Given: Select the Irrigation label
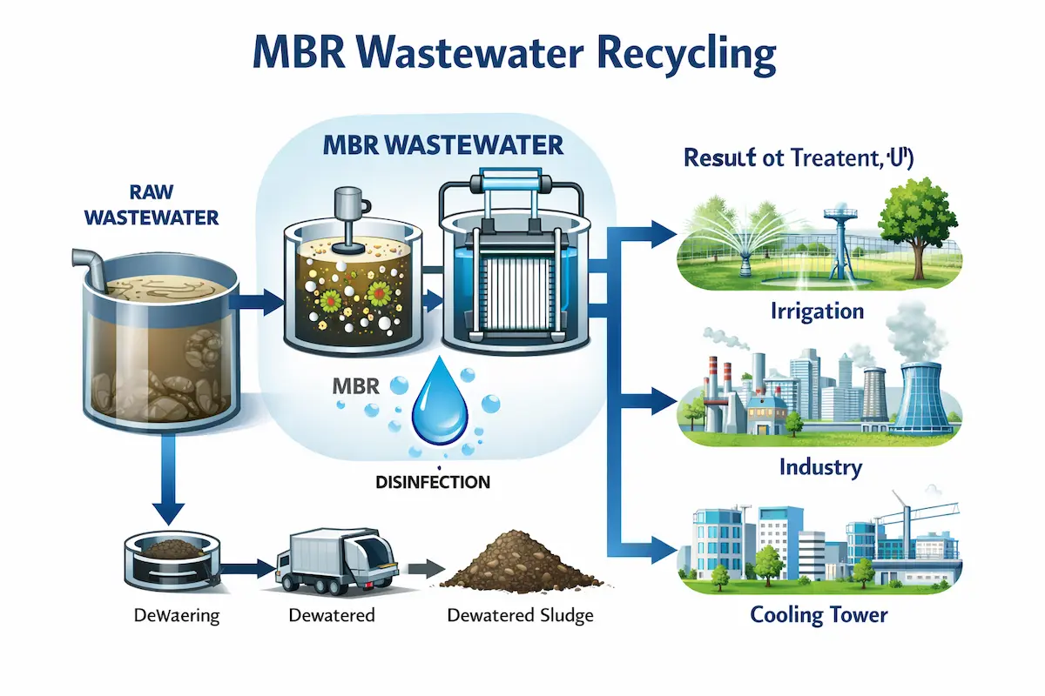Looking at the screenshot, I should (817, 311).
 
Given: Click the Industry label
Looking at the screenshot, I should (819, 467).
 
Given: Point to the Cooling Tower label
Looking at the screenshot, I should (819, 615).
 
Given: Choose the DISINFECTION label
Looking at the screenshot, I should (435, 481).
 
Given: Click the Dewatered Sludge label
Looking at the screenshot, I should (520, 615).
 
